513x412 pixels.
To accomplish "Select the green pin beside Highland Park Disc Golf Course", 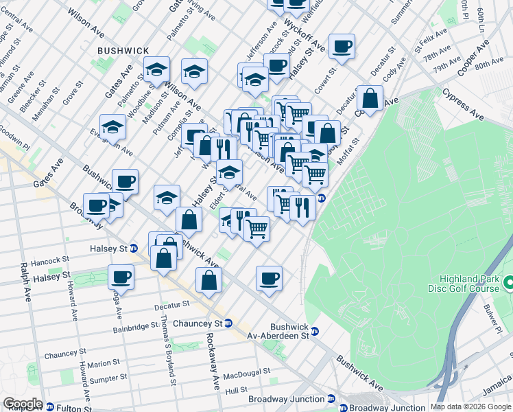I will pyautogui.click(x=508, y=283).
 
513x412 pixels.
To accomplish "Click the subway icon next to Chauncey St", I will pyautogui.click(x=228, y=323).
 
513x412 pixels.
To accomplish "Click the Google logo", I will pyautogui.click(x=22, y=404).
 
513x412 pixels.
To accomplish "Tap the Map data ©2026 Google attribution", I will pyautogui.click(x=470, y=407).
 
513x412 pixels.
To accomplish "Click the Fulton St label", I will pyautogui.click(x=75, y=409).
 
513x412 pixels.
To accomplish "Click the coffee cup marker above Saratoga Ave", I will pyautogui.click(x=121, y=277).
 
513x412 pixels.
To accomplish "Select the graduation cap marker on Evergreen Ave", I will pyautogui.click(x=113, y=127).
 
